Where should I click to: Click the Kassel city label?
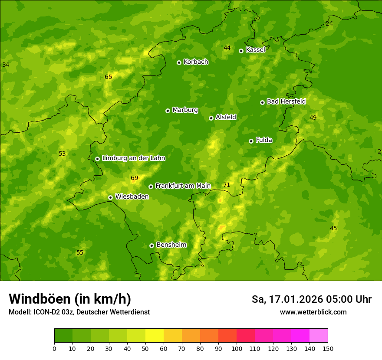255,50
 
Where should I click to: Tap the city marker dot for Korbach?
179,62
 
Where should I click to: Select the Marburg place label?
185,110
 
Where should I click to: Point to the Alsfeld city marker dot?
211,118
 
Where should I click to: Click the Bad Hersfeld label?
286,101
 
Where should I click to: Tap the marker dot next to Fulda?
251,141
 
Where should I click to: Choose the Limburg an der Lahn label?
134,158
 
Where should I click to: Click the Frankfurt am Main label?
183,186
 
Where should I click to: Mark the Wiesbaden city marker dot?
110,197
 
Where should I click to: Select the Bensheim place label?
171,245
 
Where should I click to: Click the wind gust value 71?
227,185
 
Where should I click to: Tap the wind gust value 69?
134,178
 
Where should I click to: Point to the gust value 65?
108,77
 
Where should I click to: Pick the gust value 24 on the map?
329,24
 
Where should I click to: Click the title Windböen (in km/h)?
70,299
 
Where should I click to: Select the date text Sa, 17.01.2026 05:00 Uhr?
312,299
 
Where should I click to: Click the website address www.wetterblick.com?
313,312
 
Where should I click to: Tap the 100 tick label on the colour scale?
237,349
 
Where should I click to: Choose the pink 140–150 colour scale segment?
319,336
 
